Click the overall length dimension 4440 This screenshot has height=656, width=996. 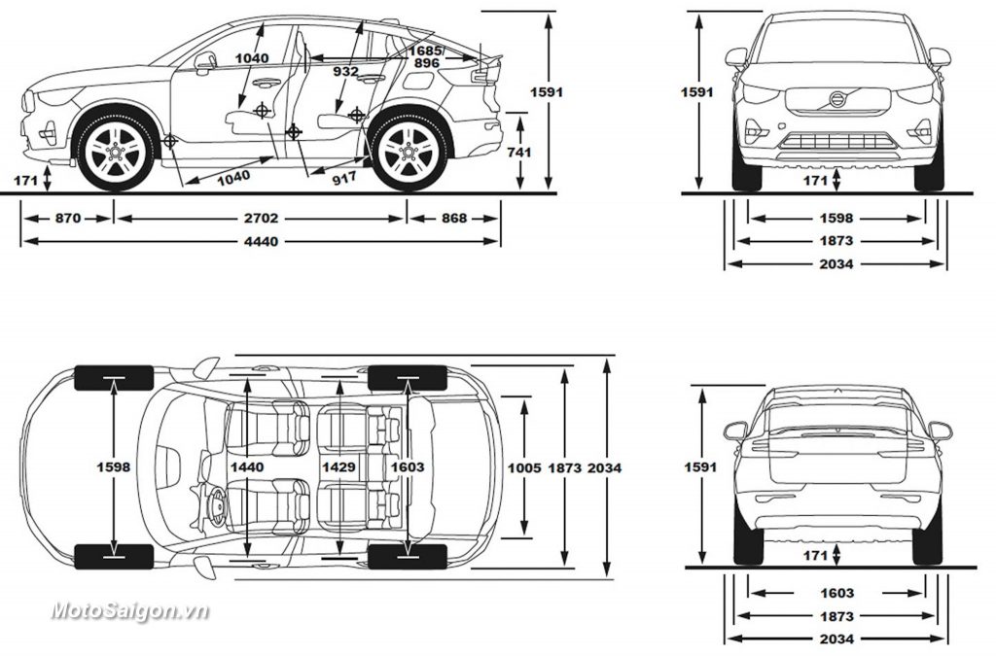[260, 241]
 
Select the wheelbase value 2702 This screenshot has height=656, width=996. [260, 219]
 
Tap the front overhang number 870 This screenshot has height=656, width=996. [67, 219]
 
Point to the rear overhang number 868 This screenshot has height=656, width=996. [453, 219]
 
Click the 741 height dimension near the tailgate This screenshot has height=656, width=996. [519, 153]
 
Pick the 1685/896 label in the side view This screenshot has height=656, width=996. [425, 56]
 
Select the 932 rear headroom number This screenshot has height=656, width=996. [344, 71]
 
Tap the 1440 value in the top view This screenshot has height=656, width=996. [247, 467]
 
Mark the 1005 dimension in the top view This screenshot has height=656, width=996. [524, 467]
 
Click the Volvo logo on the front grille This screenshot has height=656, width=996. [836, 99]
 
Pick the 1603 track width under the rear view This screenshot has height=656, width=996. [836, 593]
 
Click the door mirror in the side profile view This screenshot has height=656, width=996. [204, 61]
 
